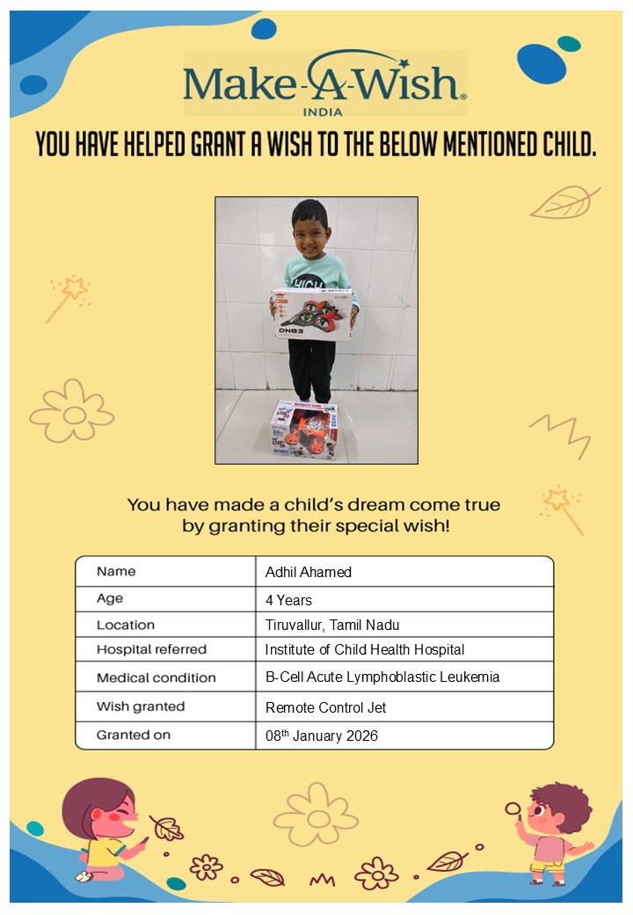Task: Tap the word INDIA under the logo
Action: [322, 112]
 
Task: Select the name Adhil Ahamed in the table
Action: [309, 572]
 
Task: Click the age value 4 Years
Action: [288, 600]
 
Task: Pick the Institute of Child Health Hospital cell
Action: [365, 649]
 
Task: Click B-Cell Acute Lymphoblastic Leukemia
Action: [382, 677]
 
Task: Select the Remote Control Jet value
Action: [325, 706]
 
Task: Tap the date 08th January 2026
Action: [322, 735]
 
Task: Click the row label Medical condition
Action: [156, 677]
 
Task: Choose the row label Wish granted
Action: [141, 706]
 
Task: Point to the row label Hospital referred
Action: [151, 649]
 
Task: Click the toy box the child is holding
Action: [311, 314]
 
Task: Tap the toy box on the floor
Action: [304, 429]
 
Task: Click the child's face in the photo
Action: [309, 231]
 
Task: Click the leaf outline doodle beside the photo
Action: [564, 202]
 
